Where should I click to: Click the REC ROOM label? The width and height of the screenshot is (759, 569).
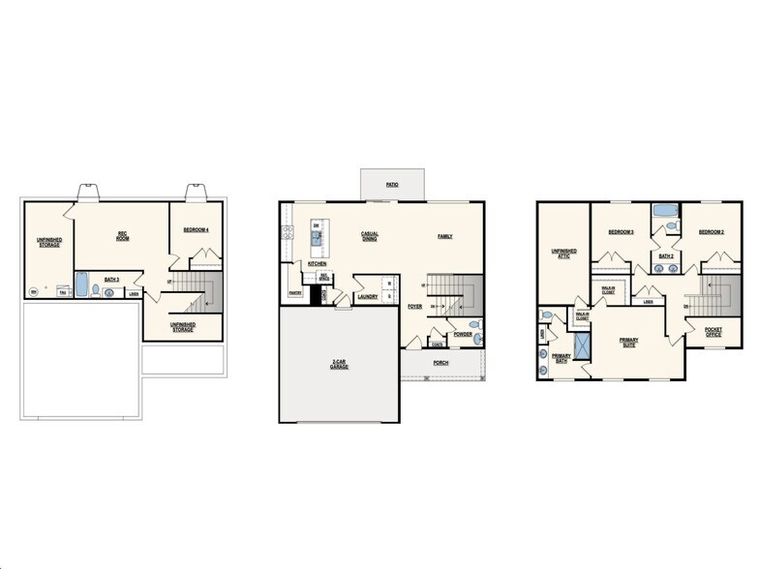(x=123, y=235)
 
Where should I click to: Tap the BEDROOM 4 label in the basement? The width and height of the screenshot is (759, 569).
(x=197, y=229)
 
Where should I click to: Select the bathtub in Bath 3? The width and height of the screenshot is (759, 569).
(x=81, y=286)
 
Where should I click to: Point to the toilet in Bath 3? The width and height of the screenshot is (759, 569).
(x=108, y=291)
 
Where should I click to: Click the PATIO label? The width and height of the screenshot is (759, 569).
(x=392, y=183)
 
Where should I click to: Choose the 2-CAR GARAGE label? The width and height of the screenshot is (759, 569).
(x=338, y=366)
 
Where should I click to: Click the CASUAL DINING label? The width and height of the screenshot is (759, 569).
(x=370, y=235)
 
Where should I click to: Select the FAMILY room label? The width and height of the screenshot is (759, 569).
(x=444, y=236)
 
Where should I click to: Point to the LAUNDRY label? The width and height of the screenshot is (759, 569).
(x=367, y=297)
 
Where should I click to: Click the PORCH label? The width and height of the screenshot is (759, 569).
(x=440, y=364)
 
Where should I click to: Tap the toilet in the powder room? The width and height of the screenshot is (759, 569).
(x=473, y=325)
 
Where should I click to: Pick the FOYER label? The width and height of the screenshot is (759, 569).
(x=414, y=307)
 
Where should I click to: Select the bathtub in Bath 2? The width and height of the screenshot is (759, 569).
(x=665, y=210)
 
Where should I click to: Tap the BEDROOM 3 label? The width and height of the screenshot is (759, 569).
(x=621, y=232)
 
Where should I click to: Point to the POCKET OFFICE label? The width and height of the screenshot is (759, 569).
(x=713, y=332)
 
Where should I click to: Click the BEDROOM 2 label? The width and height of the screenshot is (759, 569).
(x=712, y=232)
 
